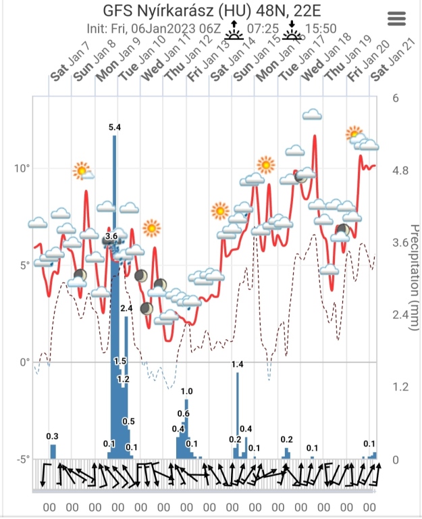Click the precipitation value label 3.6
111,236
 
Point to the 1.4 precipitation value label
237,365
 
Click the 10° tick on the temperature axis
22,168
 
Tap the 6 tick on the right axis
396,97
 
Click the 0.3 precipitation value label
52,436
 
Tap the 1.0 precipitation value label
187,391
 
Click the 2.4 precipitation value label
126,308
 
